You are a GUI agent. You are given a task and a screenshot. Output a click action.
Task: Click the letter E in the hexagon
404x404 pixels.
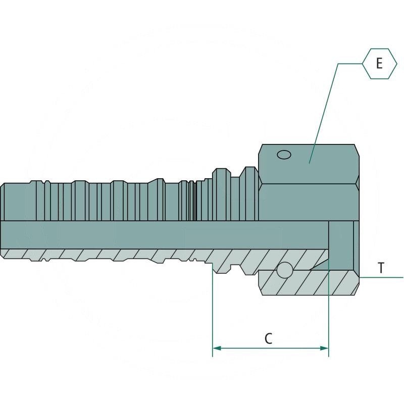click(379, 64)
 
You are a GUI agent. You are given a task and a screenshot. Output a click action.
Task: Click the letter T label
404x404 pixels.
click(381, 268)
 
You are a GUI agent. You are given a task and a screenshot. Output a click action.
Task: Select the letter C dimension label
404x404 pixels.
click(269, 338)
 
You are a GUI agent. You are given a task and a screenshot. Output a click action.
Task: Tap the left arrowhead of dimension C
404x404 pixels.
click(217, 348)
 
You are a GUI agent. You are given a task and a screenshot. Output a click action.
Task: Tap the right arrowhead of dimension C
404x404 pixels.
click(324, 348)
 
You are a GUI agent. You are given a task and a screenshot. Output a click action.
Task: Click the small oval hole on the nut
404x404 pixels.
click(284, 155)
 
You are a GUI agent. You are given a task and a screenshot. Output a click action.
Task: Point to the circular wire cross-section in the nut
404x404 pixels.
click(285, 270)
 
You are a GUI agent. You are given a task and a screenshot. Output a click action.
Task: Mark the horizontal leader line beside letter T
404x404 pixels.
click(381, 277)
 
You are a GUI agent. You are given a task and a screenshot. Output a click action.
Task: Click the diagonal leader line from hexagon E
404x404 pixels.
click(324, 113)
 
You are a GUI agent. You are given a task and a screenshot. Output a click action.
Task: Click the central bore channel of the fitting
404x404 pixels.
click(165, 235)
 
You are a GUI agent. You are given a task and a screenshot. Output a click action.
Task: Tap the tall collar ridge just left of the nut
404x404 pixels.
click(249, 194)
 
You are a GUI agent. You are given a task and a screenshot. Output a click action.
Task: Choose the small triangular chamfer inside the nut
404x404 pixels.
click(320, 265)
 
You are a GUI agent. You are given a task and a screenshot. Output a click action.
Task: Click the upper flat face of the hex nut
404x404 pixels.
click(309, 164)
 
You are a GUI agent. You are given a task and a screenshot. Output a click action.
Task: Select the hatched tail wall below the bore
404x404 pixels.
click(165, 256)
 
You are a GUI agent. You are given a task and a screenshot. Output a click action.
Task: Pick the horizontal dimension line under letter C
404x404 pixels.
click(271, 348)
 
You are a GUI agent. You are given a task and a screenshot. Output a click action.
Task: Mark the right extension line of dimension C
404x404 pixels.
click(329, 288)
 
